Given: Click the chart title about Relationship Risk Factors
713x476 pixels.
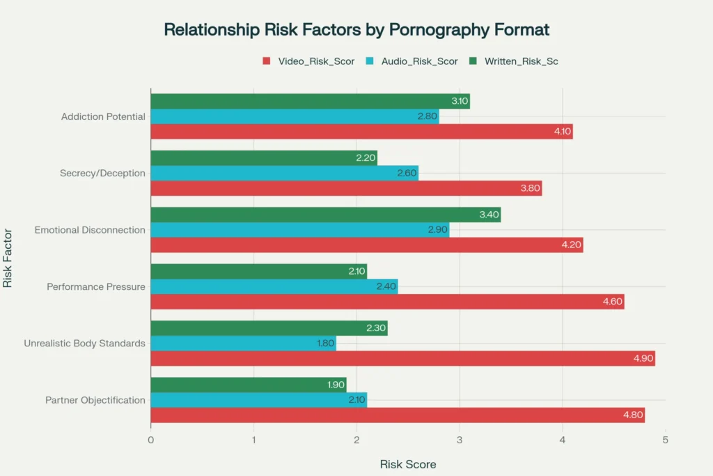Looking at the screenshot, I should click(356, 30).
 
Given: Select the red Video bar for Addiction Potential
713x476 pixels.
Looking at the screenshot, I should click(361, 132).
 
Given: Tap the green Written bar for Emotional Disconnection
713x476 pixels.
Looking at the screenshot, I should click(325, 215).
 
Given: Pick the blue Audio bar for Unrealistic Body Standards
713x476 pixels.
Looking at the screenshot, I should click(243, 343).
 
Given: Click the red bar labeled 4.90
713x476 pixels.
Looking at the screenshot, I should click(402, 358).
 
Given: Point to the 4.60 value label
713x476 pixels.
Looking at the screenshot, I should click(611, 302).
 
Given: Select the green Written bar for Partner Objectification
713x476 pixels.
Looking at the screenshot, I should click(248, 385).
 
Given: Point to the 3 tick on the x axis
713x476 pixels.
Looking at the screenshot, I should click(460, 440).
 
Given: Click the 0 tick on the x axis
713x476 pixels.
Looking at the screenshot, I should click(151, 440).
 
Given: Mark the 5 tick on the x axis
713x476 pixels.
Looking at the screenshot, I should click(665, 440).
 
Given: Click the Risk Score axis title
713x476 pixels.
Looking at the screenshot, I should click(408, 464).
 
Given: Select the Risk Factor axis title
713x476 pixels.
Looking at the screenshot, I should click(8, 259).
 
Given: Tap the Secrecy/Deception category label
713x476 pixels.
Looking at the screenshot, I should click(103, 174).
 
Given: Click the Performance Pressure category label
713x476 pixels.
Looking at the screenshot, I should click(96, 286).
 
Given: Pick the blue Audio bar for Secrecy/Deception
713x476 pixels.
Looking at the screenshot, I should click(284, 174).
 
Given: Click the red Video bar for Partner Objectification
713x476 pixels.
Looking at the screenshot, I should click(398, 415).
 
